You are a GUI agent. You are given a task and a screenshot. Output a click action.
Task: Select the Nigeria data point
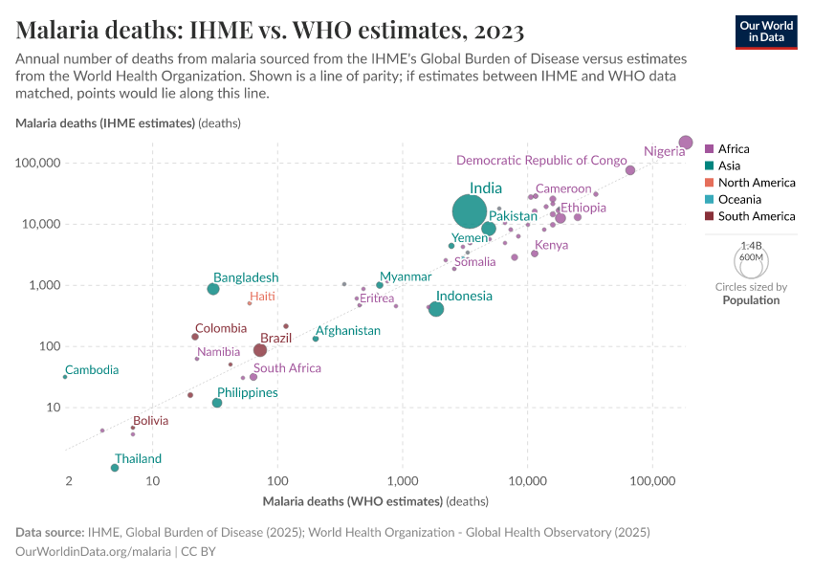pos(685,143)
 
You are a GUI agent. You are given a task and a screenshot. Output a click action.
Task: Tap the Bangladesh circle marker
pos(213,289)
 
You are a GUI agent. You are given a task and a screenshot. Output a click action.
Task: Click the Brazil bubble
pos(260,350)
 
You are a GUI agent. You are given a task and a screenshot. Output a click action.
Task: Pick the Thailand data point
pos(115,468)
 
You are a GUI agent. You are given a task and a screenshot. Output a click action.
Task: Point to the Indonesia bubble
pos(436,309)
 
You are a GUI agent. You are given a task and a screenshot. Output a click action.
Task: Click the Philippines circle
pos(217,403)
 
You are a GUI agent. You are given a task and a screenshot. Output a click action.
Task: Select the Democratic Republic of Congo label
pos(541,161)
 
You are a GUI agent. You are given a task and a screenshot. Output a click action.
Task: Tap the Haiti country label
pos(262,297)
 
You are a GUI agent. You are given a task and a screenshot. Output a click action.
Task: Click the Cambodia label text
pos(92,370)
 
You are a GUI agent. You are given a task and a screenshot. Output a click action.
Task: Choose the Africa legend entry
pos(734,149)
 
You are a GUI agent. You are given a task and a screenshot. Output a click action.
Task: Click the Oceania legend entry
pos(739,199)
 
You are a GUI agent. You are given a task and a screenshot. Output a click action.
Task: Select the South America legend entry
pos(756,216)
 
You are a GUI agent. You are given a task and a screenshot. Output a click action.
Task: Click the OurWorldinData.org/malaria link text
pos(94,551)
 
